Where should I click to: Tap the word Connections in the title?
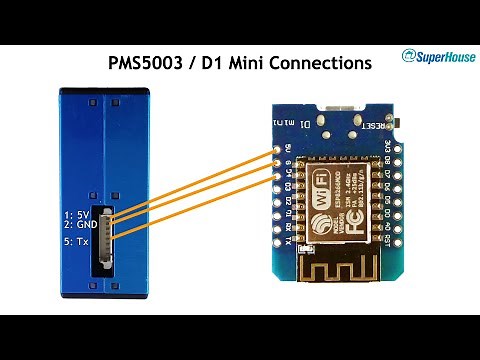[322, 63]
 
